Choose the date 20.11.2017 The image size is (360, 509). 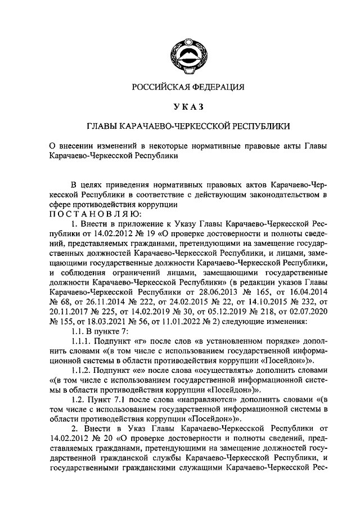69,313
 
